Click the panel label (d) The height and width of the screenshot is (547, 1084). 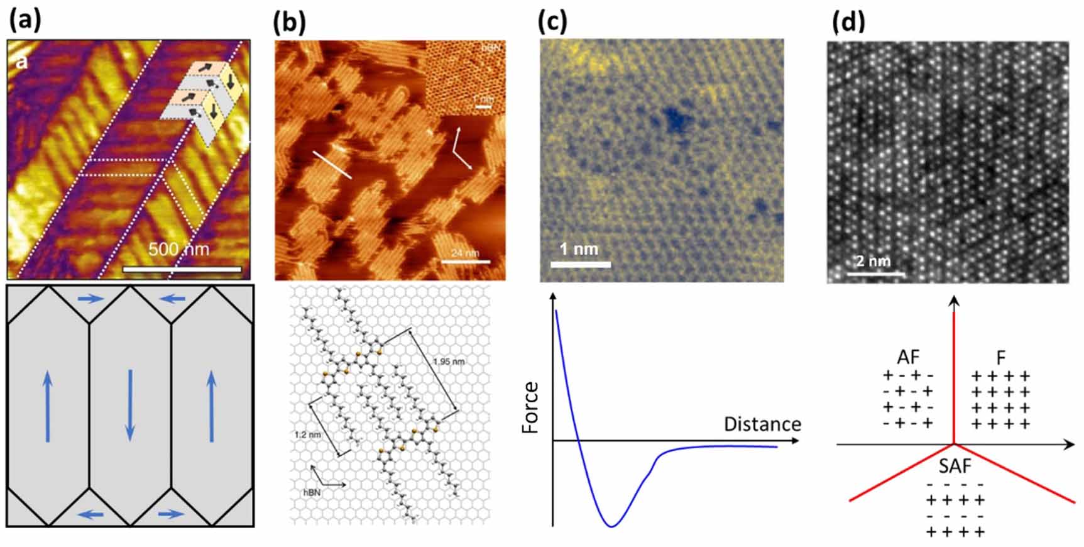click(848, 21)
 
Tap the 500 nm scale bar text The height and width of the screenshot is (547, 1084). click(178, 250)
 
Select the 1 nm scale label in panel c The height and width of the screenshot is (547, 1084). click(579, 249)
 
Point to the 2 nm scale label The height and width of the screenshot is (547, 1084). click(873, 260)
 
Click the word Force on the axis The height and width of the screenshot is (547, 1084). click(532, 407)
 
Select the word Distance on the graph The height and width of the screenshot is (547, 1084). click(762, 424)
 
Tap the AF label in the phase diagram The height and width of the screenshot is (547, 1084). click(907, 357)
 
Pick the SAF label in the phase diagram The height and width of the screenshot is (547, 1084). click(955, 467)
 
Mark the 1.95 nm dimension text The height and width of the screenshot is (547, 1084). click(448, 361)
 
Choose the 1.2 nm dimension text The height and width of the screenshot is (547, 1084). click(307, 434)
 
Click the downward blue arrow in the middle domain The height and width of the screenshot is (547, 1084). click(130, 404)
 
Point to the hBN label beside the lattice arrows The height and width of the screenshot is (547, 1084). click(312, 492)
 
